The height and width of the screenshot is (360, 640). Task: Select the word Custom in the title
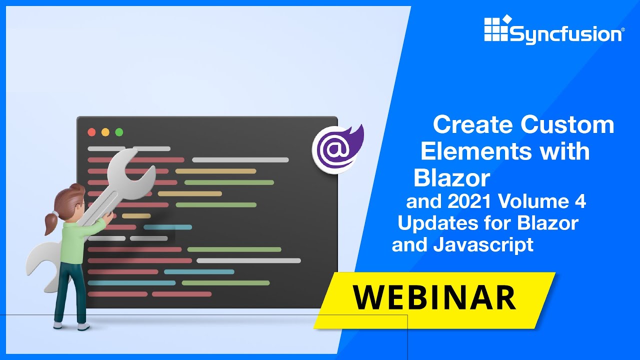click(x=567, y=124)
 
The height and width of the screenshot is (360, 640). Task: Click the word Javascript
click(x=483, y=245)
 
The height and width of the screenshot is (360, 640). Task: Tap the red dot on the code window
click(x=91, y=132)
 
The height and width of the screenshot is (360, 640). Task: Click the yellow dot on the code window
click(x=105, y=132)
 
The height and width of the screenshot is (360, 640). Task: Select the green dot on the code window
click(x=119, y=132)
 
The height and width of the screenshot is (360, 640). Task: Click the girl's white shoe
click(x=83, y=326)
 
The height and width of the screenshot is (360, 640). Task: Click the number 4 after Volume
click(x=579, y=202)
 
